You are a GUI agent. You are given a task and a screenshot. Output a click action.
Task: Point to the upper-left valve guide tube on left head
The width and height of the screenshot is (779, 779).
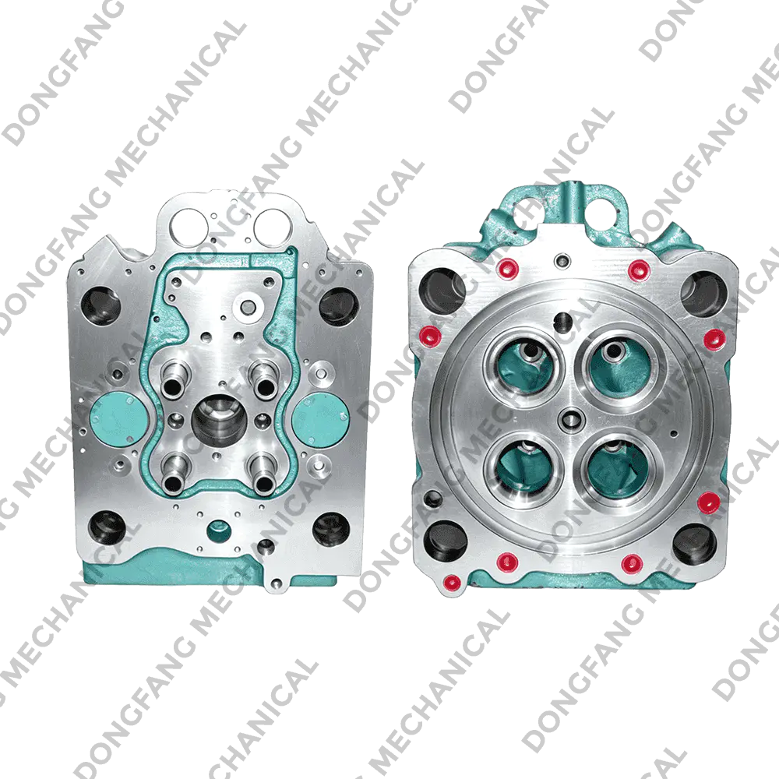coord(174,379)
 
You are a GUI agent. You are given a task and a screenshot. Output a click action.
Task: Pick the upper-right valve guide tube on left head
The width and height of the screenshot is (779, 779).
coord(263,379)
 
